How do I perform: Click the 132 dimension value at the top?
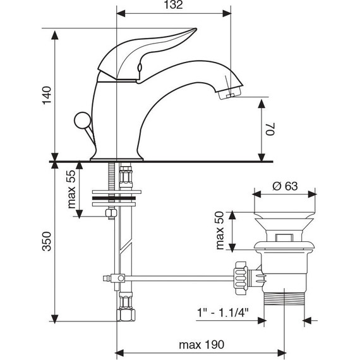coord(173,5)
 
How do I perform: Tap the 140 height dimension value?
coord(47,95)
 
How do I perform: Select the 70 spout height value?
coord(270,129)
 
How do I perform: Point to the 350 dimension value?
coord(47,241)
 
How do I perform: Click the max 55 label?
coord(71,189)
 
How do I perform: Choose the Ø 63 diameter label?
coord(285,186)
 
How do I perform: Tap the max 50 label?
coord(220,231)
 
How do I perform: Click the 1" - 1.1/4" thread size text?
coord(223,313)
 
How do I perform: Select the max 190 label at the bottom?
coord(201,345)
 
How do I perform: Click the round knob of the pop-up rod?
coord(83,120)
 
